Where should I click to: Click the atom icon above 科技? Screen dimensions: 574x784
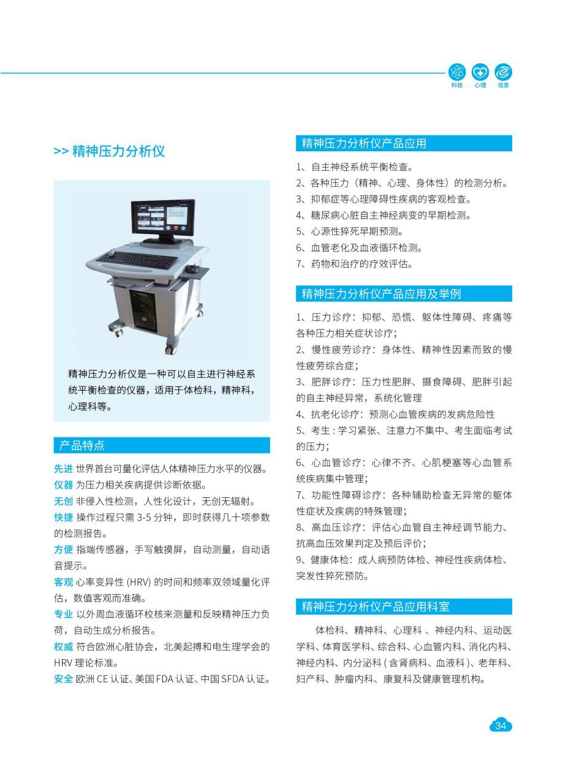tap(457, 72)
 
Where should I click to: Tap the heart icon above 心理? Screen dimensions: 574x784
tap(480, 72)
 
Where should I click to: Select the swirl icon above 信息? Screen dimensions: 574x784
tap(504, 72)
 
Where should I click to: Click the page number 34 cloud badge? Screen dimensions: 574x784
tap(500, 726)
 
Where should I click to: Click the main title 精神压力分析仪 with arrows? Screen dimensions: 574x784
tap(109, 151)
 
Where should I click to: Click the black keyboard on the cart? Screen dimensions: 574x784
tap(137, 260)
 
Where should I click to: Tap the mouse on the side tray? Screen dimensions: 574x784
tap(192, 268)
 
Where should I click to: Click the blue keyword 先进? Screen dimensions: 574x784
tap(63, 469)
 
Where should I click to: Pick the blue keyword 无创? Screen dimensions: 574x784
tap(63, 501)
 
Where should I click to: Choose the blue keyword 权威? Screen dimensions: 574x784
tap(63, 646)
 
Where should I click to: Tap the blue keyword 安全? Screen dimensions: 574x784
tap(63, 679)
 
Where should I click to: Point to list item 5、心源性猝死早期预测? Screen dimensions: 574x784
tap(350, 232)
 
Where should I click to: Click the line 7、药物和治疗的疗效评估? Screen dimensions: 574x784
tap(355, 264)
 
